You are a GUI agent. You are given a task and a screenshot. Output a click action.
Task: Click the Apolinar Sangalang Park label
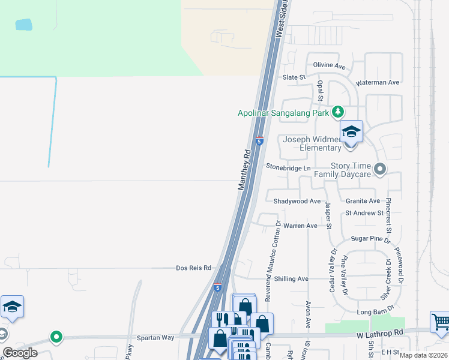283,112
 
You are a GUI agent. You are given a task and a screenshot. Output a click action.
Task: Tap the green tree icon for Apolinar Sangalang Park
338,112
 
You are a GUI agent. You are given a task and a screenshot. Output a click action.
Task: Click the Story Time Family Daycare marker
379,170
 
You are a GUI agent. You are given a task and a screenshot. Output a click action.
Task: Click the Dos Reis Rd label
194,268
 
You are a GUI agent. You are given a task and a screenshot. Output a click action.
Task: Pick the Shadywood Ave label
297,201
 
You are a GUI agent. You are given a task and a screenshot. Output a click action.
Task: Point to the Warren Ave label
300,226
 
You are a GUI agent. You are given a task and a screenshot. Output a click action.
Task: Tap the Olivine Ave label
328,66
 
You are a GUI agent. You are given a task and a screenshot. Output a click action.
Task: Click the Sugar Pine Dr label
371,239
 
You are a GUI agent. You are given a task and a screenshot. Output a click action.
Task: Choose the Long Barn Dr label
374,312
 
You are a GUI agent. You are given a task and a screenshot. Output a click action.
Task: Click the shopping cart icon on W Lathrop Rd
440,322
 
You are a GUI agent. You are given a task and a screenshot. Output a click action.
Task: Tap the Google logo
20,353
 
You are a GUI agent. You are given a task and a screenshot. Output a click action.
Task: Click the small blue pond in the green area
23,25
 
